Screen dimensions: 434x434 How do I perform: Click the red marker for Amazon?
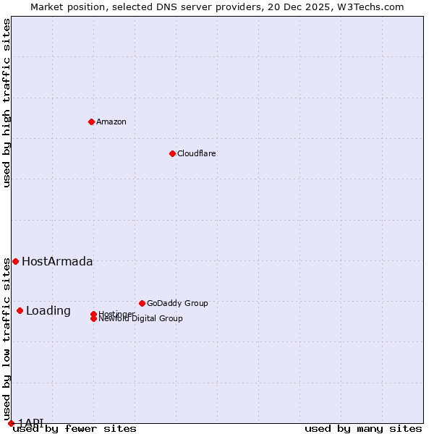tap(91, 122)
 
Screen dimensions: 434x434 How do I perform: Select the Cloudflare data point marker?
tap(172, 153)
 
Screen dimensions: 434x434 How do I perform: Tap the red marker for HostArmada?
tap(15, 261)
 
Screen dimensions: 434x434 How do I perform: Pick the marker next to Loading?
tap(20, 310)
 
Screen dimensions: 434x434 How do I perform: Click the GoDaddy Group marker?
tap(142, 303)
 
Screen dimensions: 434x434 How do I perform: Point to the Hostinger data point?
tap(93, 314)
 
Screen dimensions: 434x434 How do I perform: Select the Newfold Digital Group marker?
tap(93, 319)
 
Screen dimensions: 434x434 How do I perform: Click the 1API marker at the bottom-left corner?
tap(11, 423)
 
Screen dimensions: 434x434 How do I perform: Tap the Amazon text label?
tap(111, 122)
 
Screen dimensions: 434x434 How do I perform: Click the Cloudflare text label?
tap(197, 153)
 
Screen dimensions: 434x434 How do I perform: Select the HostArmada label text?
tap(57, 262)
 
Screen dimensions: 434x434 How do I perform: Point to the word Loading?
tap(48, 311)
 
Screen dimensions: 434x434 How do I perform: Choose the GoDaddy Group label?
tap(177, 303)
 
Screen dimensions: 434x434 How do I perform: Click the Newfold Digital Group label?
tap(141, 319)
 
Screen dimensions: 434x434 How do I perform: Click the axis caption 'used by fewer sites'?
tap(75, 429)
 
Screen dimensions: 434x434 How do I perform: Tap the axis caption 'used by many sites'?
tap(363, 429)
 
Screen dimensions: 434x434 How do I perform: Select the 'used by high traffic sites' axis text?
tap(7, 103)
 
